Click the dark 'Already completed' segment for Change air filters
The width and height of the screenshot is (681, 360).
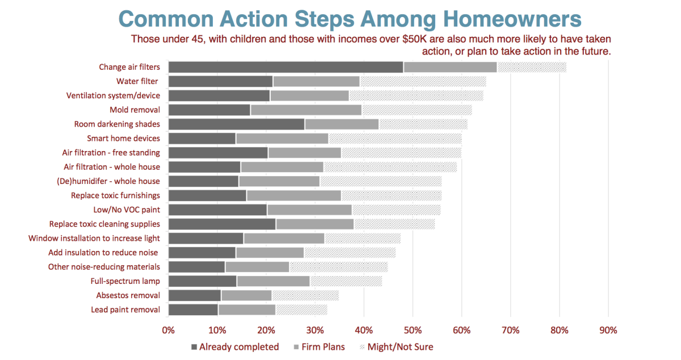click(x=286, y=67)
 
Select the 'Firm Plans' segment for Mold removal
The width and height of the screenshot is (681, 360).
click(x=306, y=110)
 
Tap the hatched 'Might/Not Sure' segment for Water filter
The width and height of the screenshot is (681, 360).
click(x=423, y=82)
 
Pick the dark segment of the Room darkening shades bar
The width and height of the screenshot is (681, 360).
click(x=237, y=124)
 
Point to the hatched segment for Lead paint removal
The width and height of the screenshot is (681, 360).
click(x=301, y=310)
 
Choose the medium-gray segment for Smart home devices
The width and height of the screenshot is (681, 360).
click(x=282, y=139)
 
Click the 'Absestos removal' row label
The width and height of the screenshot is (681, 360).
click(x=128, y=295)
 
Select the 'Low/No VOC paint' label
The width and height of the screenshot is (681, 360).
click(x=127, y=210)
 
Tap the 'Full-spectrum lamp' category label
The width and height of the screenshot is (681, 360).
click(x=125, y=281)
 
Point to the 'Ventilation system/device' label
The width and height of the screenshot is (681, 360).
click(x=113, y=95)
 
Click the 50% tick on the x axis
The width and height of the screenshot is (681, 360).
click(x=413, y=330)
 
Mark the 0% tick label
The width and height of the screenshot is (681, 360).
click(x=168, y=330)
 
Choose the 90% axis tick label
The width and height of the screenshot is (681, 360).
click(x=608, y=330)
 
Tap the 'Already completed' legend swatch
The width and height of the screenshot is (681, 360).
click(x=194, y=347)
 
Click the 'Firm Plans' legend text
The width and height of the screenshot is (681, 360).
click(x=323, y=347)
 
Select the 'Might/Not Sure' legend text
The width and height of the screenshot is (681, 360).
click(x=401, y=347)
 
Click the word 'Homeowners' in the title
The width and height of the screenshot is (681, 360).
click(x=512, y=19)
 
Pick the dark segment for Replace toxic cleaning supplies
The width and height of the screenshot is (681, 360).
click(x=222, y=224)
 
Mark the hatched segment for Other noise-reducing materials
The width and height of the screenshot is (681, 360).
click(x=339, y=267)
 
